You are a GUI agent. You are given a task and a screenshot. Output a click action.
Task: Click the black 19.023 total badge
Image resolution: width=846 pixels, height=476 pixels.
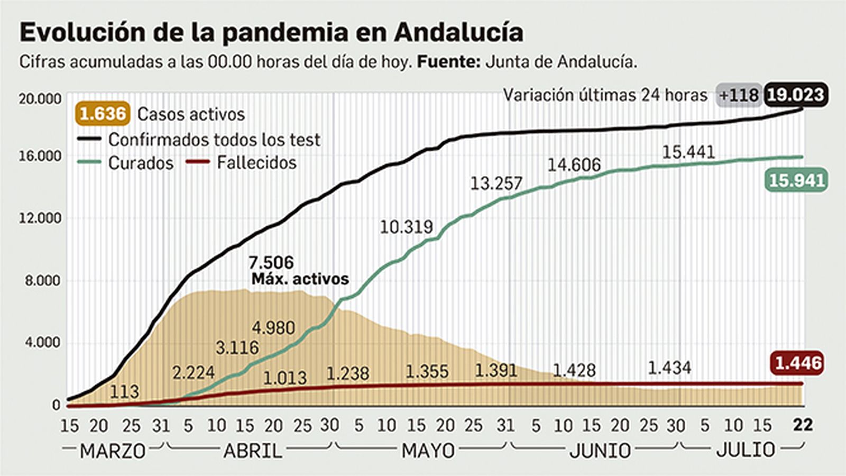point(795,95)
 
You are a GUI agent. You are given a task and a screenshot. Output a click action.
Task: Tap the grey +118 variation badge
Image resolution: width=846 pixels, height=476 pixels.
point(739,95)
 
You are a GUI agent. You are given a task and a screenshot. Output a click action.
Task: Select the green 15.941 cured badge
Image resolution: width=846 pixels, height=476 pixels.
point(796,180)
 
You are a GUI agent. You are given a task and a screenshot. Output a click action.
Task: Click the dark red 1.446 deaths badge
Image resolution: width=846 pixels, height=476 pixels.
point(798,363)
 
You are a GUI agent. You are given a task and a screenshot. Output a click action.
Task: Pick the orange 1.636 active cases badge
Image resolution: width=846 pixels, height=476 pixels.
point(103,114)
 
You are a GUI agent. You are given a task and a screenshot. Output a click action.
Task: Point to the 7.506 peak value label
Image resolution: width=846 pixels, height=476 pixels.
point(271,262)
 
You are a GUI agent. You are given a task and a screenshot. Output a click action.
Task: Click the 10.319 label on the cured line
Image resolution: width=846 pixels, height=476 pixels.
point(406,227)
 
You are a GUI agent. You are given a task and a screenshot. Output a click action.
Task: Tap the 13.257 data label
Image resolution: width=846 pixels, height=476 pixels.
point(496,184)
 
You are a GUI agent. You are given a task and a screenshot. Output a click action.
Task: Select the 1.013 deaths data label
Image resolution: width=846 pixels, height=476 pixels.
point(284,378)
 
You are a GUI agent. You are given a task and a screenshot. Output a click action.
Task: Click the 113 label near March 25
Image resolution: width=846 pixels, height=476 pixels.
point(124,391)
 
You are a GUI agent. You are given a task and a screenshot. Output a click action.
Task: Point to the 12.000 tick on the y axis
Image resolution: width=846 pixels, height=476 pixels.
point(40,218)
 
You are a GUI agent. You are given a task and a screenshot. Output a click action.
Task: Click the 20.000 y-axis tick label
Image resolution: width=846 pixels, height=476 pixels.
point(40,99)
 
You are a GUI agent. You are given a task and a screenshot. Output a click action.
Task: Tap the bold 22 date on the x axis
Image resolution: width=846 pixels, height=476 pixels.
point(803,425)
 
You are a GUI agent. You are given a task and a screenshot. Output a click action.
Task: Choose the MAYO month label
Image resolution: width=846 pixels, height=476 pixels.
point(428,451)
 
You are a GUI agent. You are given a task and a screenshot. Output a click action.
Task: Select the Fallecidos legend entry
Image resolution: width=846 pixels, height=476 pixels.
point(256,162)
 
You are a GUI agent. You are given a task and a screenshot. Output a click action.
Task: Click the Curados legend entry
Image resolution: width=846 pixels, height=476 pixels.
point(141,163)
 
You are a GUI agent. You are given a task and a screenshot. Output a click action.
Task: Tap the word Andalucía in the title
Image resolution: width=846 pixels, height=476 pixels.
point(458,32)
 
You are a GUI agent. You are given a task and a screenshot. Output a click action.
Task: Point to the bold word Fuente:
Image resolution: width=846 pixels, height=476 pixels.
point(448,62)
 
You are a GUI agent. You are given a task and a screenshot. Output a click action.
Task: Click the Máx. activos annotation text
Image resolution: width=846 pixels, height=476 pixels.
point(300,279)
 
